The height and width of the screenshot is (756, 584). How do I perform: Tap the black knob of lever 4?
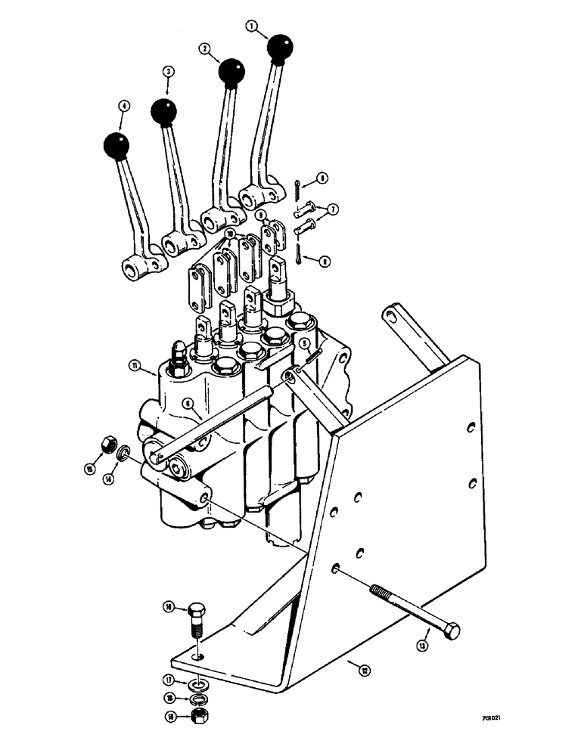coord(116,146)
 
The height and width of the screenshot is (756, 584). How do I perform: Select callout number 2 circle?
coord(203,47)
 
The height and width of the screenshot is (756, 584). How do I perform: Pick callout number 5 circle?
coord(303,344)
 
